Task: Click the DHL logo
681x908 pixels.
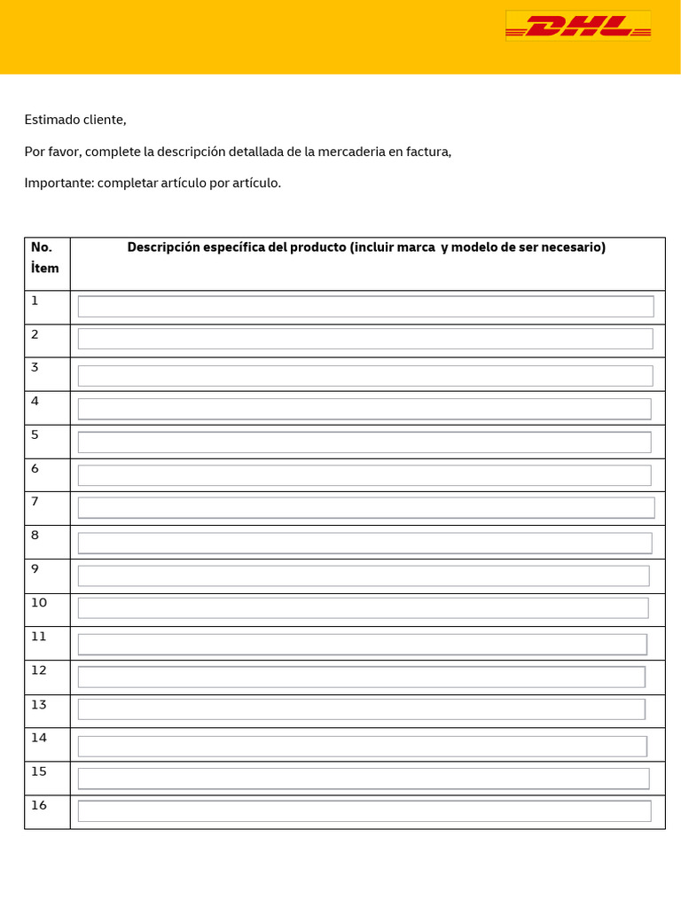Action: click(x=578, y=26)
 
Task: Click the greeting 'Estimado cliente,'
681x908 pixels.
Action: click(x=75, y=120)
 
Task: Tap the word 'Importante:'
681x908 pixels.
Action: click(x=59, y=183)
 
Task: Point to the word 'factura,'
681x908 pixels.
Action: click(x=429, y=152)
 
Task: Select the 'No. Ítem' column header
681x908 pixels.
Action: click(x=45, y=258)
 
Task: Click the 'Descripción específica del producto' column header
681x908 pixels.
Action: click(x=366, y=247)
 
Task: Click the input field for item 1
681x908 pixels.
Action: click(x=365, y=307)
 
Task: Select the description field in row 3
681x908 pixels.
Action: click(x=365, y=375)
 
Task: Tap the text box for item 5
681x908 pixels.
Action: click(x=364, y=442)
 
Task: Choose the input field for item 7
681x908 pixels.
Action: click(x=366, y=508)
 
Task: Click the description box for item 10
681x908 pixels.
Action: click(x=364, y=608)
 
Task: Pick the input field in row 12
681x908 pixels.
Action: click(x=362, y=677)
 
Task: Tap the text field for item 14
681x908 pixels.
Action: click(x=363, y=746)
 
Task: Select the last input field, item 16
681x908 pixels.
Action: click(x=364, y=810)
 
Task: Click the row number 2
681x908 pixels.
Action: click(x=35, y=334)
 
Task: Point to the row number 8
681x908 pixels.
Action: click(x=35, y=535)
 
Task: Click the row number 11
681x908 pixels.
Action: click(x=38, y=636)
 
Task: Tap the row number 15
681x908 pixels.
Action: click(x=38, y=771)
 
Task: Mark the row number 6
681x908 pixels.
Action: click(x=35, y=468)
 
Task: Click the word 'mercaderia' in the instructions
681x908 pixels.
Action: click(x=351, y=152)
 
